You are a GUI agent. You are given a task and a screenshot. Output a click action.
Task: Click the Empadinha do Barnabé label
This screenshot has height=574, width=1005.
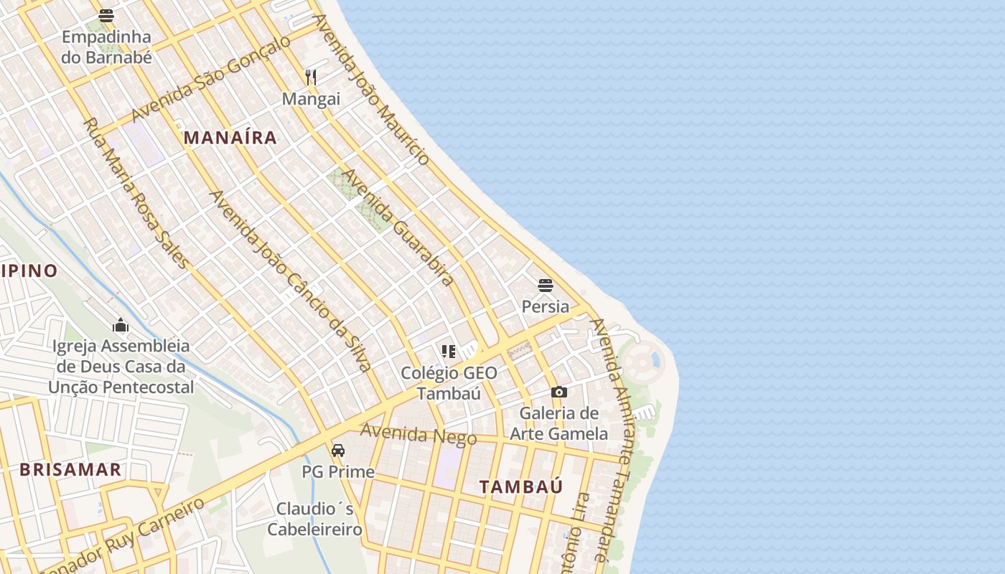(106, 47)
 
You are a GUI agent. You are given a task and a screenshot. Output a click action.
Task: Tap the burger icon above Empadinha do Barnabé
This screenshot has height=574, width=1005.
(106, 15)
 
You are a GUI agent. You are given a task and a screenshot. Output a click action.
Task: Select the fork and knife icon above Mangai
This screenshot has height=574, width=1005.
(311, 77)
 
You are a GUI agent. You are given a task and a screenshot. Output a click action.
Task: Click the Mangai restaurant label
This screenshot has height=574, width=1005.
(311, 99)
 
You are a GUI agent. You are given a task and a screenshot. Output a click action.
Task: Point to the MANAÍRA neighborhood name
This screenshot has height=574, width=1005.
(230, 138)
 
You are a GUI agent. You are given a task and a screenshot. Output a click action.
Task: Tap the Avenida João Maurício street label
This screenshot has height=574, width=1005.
(371, 88)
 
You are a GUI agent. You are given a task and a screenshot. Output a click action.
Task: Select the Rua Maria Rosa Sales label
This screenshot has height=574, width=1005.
(136, 194)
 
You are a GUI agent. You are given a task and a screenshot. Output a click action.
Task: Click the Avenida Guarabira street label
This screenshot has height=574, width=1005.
(397, 227)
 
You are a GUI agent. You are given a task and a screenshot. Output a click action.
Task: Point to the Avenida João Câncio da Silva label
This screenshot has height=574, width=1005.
(290, 281)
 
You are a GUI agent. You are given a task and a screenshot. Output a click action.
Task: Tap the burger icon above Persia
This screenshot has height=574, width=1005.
(546, 286)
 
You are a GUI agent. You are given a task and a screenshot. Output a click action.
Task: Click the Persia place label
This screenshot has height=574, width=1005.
(546, 307)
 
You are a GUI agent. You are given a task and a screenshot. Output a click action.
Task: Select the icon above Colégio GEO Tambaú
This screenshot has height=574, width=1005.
(449, 352)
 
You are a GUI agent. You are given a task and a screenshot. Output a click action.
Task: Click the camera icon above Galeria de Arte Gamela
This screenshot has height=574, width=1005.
(559, 392)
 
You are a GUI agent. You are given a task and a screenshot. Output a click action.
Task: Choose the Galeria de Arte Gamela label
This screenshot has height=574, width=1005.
(559, 423)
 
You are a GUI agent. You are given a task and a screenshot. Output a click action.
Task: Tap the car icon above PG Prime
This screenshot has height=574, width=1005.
(338, 451)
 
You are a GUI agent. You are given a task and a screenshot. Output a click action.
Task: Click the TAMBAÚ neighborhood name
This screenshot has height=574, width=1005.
(521, 486)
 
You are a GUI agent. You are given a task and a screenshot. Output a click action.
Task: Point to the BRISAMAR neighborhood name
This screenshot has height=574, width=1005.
(70, 470)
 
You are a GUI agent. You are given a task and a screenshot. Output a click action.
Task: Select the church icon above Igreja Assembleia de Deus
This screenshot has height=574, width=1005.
(121, 326)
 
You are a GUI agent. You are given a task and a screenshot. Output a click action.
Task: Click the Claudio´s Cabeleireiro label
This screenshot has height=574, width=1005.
(315, 519)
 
